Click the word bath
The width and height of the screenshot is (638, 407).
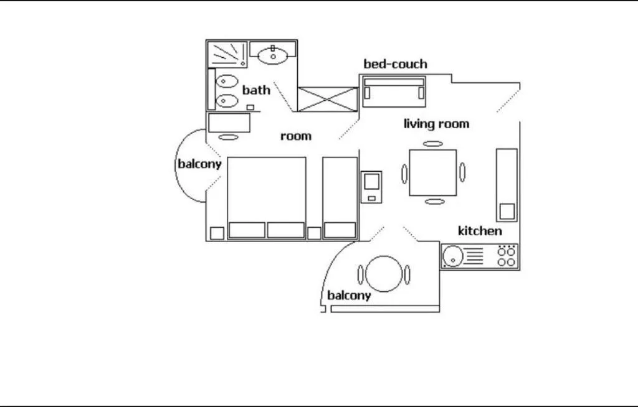pyautogui.click(x=256, y=90)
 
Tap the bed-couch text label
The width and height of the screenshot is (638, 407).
pyautogui.click(x=395, y=64)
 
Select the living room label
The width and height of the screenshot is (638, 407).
pyautogui.click(x=436, y=124)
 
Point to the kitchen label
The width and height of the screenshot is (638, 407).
pyautogui.click(x=480, y=231)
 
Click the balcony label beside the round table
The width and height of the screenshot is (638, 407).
pyautogui.click(x=349, y=296)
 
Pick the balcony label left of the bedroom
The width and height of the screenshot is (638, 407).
pyautogui.click(x=199, y=164)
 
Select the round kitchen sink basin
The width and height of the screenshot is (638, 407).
pyautogui.click(x=452, y=255)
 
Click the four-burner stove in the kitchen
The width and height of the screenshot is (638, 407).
pyautogui.click(x=507, y=256)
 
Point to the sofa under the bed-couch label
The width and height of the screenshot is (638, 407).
pyautogui.click(x=394, y=91)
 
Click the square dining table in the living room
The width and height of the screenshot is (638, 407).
pyautogui.click(x=433, y=172)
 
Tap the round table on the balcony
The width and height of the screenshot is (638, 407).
pyautogui.click(x=382, y=274)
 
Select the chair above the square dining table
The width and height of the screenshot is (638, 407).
pyautogui.click(x=433, y=144)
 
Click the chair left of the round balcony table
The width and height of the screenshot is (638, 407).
pyautogui.click(x=360, y=274)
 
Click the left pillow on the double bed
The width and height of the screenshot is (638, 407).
pyautogui.click(x=247, y=230)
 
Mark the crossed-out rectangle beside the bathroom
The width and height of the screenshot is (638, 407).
pyautogui.click(x=327, y=100)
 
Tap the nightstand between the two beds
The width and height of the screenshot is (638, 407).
pyautogui.click(x=314, y=233)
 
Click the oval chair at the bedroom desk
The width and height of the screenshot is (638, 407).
pyautogui.click(x=229, y=136)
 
